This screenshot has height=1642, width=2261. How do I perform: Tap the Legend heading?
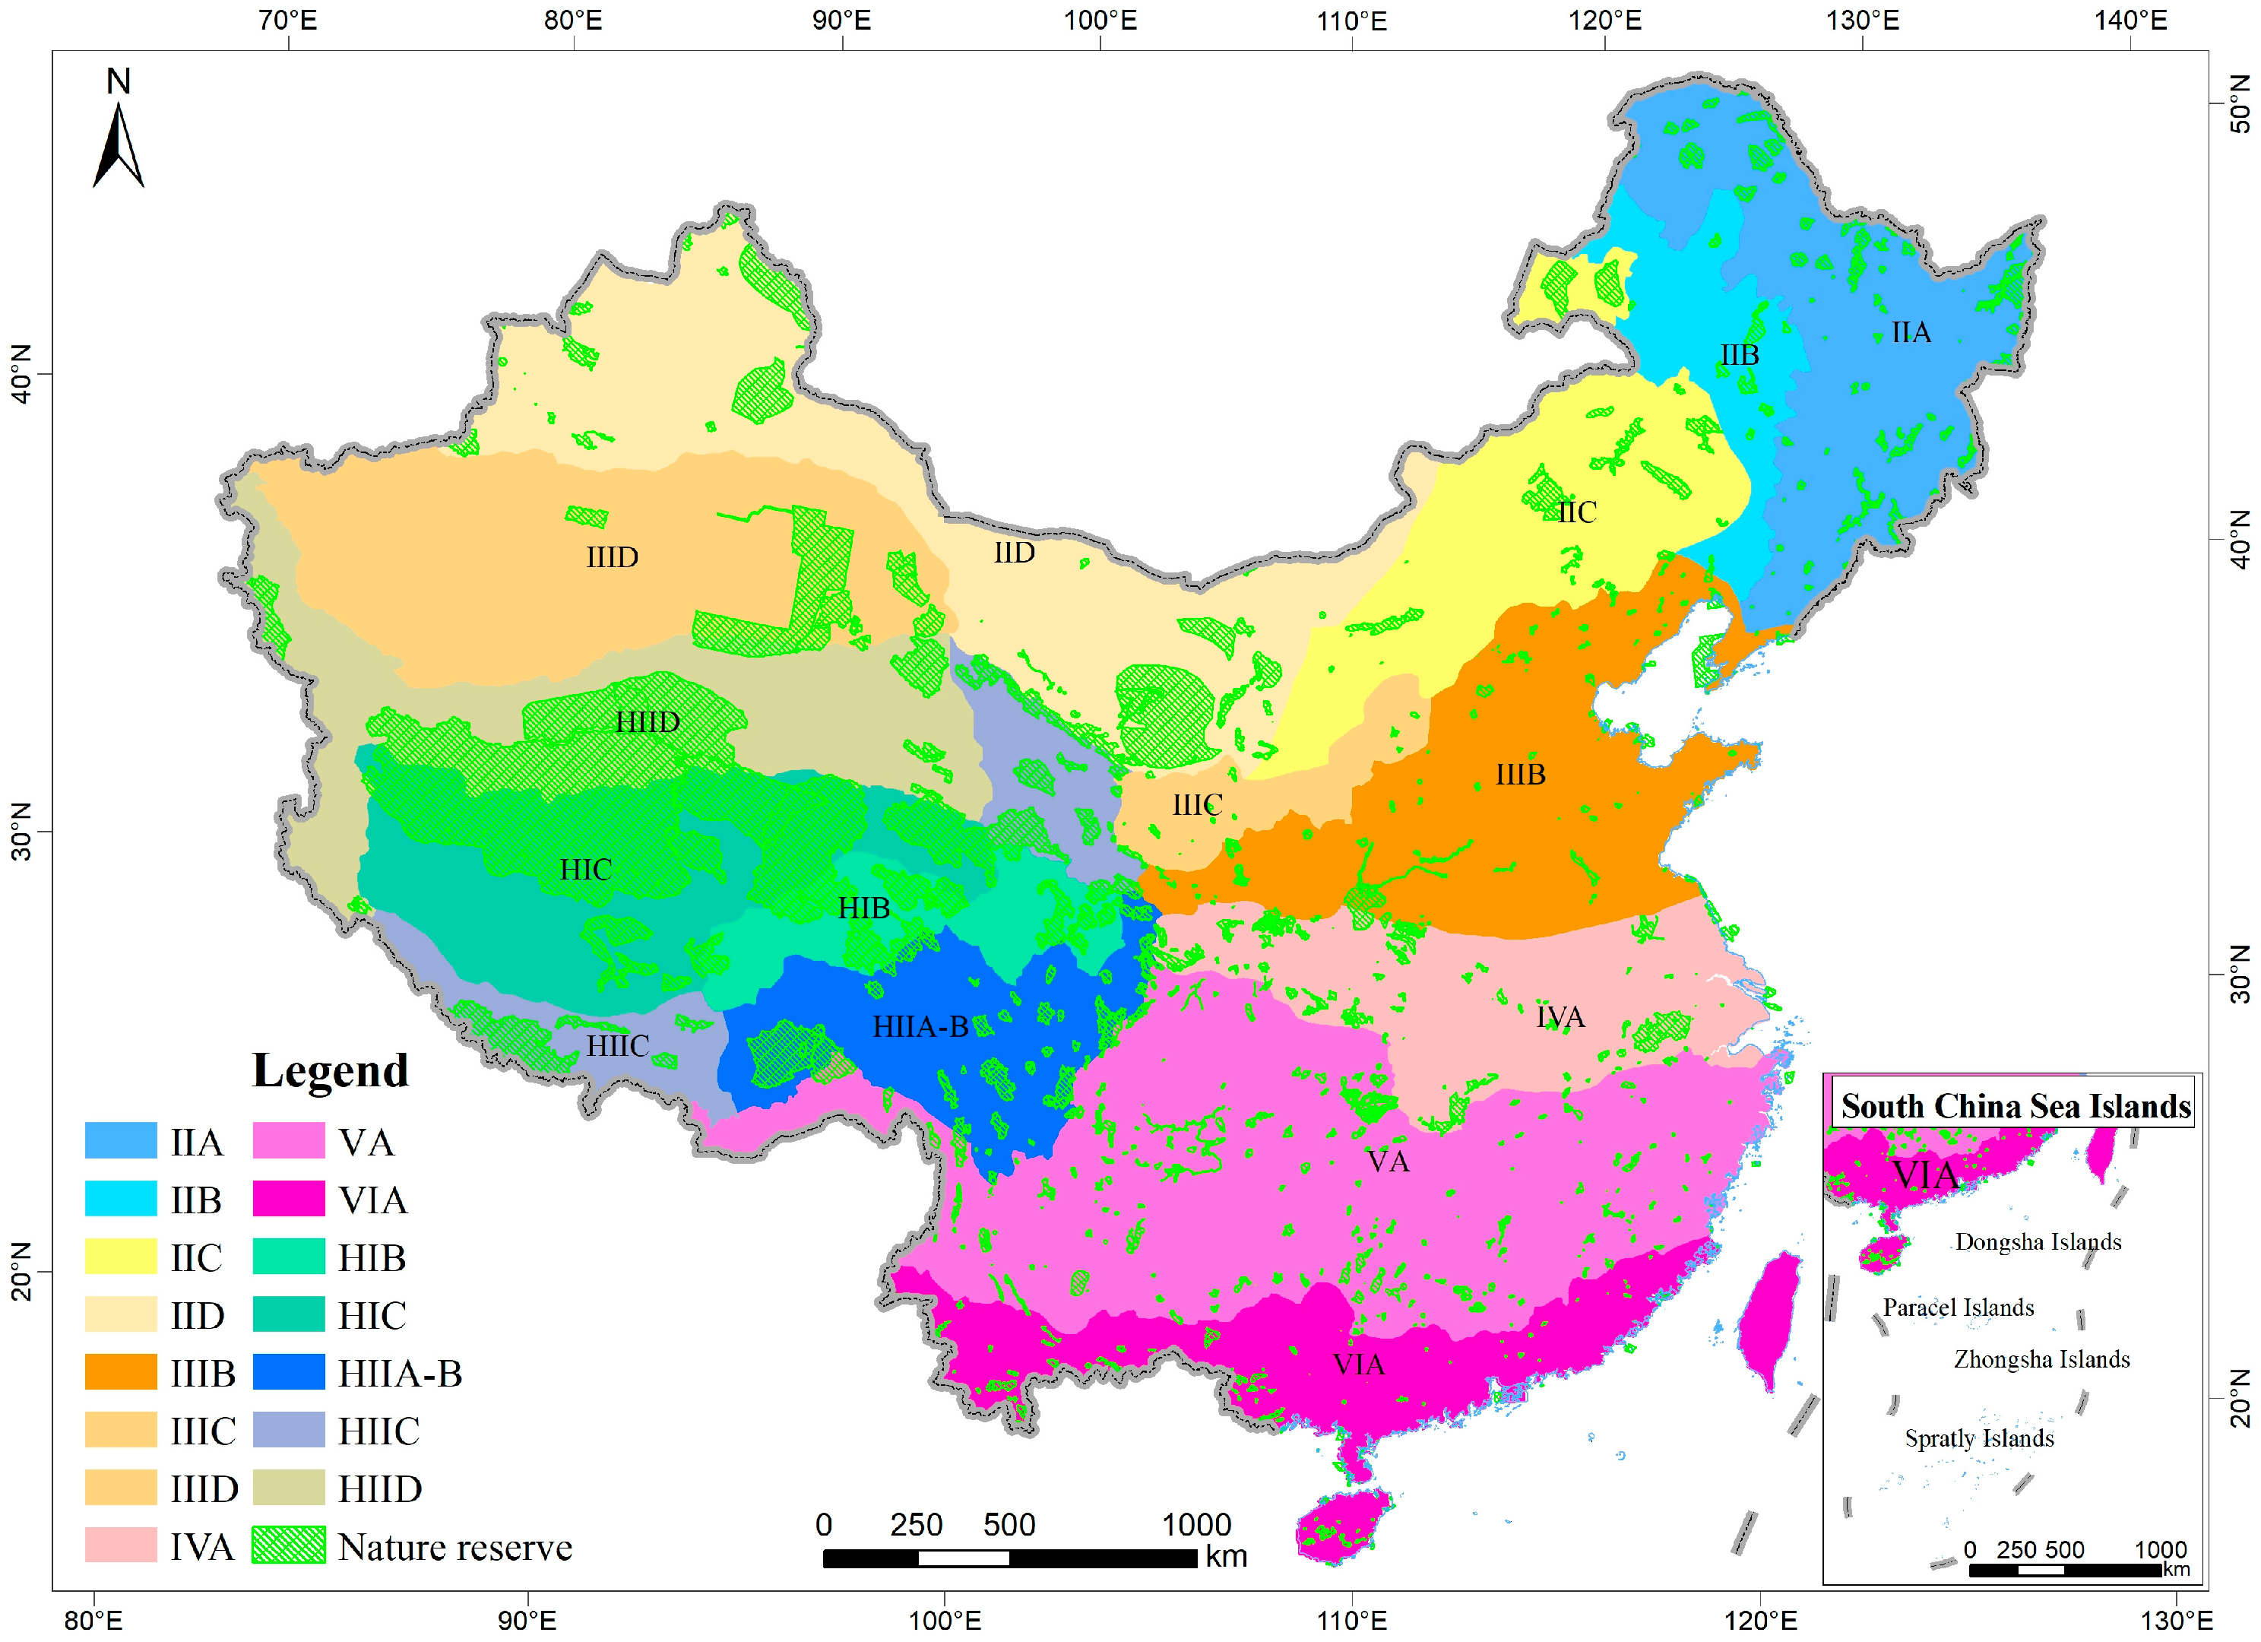click(x=330, y=1071)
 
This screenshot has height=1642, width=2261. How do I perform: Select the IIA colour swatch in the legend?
click(x=121, y=1140)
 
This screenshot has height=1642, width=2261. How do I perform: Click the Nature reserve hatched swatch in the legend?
click(x=288, y=1545)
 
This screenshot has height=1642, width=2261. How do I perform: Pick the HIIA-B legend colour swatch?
click(x=288, y=1372)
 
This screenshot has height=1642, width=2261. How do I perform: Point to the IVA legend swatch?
click(x=121, y=1545)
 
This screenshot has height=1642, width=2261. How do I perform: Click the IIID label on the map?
click(x=611, y=557)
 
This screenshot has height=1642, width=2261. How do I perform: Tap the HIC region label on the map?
click(x=585, y=870)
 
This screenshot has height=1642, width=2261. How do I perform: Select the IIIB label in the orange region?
click(x=1519, y=775)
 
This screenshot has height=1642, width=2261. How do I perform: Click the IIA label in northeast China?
click(x=1910, y=332)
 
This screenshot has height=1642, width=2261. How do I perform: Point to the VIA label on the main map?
click(x=1358, y=1364)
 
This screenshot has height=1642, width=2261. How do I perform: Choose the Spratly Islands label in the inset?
click(x=1979, y=1438)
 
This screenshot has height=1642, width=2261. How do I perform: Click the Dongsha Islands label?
click(x=2038, y=1242)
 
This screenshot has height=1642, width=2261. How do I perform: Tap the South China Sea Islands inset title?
click(x=2015, y=1107)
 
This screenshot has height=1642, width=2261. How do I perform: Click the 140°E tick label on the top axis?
click(x=2130, y=20)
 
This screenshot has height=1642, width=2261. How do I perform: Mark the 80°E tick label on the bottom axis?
click(x=93, y=1620)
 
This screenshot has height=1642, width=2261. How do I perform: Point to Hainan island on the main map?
click(x=1343, y=1526)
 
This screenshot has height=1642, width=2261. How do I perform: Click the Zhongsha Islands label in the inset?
click(x=2041, y=1360)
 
